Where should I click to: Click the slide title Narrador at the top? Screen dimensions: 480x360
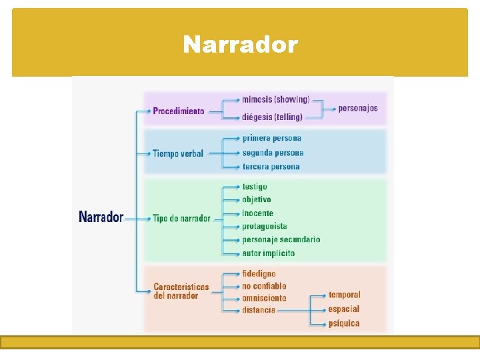tap(240, 45)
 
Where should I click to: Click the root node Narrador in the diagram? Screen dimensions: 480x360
tap(101, 217)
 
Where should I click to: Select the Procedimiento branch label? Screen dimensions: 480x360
tap(179, 111)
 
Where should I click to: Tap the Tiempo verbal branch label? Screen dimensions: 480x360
tap(178, 153)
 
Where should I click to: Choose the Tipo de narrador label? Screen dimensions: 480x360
tap(181, 218)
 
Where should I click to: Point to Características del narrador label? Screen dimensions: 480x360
tap(181, 291)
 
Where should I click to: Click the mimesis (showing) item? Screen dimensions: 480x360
tap(276, 99)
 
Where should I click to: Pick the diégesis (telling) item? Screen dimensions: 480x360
tap(272, 117)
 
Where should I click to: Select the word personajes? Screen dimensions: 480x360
tap(358, 108)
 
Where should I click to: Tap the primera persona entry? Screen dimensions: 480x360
tap(272, 138)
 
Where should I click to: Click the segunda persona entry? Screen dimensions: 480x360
tap(273, 153)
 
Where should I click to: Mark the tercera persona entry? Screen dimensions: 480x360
tap(271, 167)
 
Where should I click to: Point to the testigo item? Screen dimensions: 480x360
tap(255, 187)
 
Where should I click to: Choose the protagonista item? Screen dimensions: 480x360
tap(265, 227)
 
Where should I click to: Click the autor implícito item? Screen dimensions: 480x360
tap(269, 253)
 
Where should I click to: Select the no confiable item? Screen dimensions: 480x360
tap(265, 286)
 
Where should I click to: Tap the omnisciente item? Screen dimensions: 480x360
tap(265, 298)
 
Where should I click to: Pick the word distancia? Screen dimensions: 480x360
tap(259, 310)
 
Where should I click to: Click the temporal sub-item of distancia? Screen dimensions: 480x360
tap(345, 295)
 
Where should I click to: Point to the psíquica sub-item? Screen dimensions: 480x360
tap(344, 323)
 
